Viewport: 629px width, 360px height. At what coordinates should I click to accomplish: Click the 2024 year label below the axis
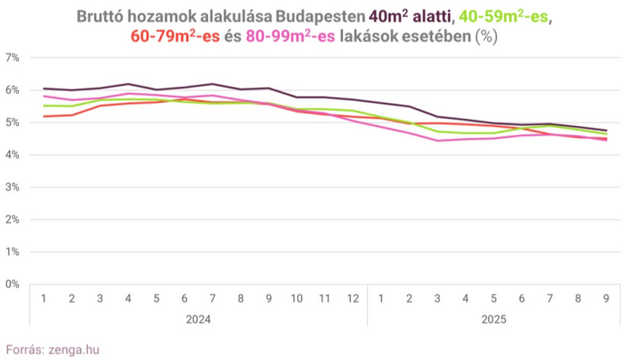[198, 319]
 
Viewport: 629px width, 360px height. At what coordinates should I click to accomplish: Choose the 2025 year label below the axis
[494, 319]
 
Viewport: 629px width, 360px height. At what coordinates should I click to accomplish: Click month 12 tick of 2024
[352, 297]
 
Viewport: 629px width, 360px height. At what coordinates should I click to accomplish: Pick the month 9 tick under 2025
[607, 297]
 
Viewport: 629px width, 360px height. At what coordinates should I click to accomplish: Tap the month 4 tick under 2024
[128, 297]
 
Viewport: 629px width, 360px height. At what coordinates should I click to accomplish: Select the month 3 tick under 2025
[438, 297]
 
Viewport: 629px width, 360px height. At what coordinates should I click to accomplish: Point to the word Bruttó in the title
[103, 16]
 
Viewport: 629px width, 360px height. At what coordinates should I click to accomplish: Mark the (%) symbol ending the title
[486, 36]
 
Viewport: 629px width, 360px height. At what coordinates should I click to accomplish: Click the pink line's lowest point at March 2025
[438, 140]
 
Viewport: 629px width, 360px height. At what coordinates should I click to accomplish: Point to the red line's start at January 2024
[43, 116]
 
